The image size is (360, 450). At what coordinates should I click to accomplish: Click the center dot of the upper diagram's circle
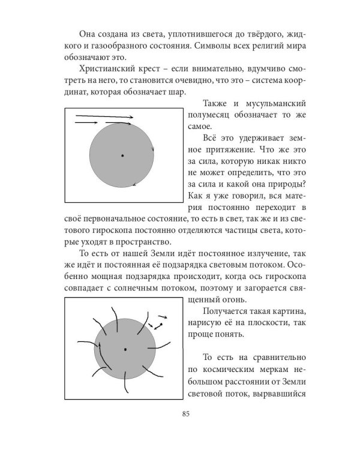[x=122, y=155]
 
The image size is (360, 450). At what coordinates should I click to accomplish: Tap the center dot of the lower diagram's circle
[x=125, y=349]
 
